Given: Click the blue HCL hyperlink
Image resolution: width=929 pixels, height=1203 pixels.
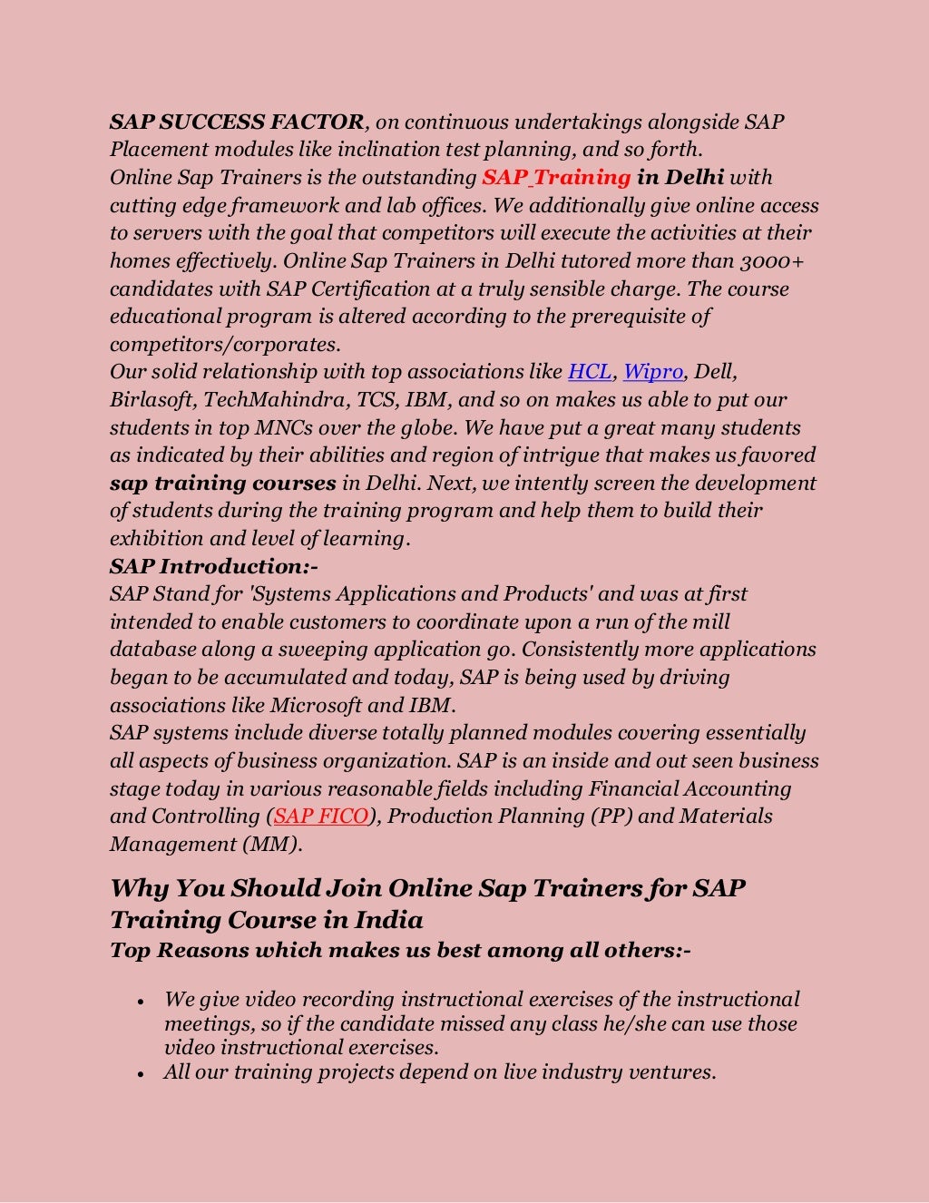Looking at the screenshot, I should click(x=590, y=372).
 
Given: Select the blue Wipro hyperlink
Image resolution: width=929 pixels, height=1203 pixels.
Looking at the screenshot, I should click(x=653, y=372).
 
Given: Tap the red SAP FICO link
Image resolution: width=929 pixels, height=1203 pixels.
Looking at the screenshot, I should click(x=321, y=817).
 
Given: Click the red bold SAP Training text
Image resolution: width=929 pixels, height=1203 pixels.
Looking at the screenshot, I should click(x=555, y=177).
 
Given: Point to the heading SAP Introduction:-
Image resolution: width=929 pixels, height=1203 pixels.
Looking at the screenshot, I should click(x=214, y=566).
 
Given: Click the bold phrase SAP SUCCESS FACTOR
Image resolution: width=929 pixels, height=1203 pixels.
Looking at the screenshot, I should click(x=237, y=122).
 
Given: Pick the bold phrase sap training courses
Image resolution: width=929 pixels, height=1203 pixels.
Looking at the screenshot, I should click(x=223, y=484).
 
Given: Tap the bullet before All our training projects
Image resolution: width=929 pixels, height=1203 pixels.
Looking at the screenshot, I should click(x=141, y=1074).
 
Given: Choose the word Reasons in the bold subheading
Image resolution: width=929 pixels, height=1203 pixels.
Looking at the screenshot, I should click(x=203, y=950).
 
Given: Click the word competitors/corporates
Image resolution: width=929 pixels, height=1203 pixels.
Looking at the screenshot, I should click(x=225, y=345).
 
